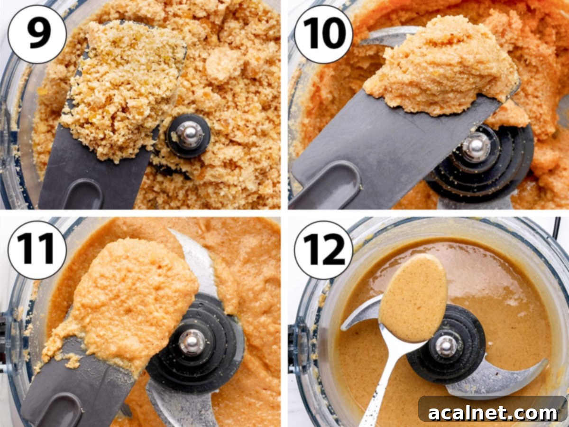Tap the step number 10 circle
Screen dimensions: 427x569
coord(323,34)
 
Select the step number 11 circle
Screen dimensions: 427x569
coord(37,250)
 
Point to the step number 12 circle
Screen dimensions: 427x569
coord(323,250)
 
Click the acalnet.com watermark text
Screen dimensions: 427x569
coord(493,413)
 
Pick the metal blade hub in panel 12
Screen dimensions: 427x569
coord(446,345)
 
